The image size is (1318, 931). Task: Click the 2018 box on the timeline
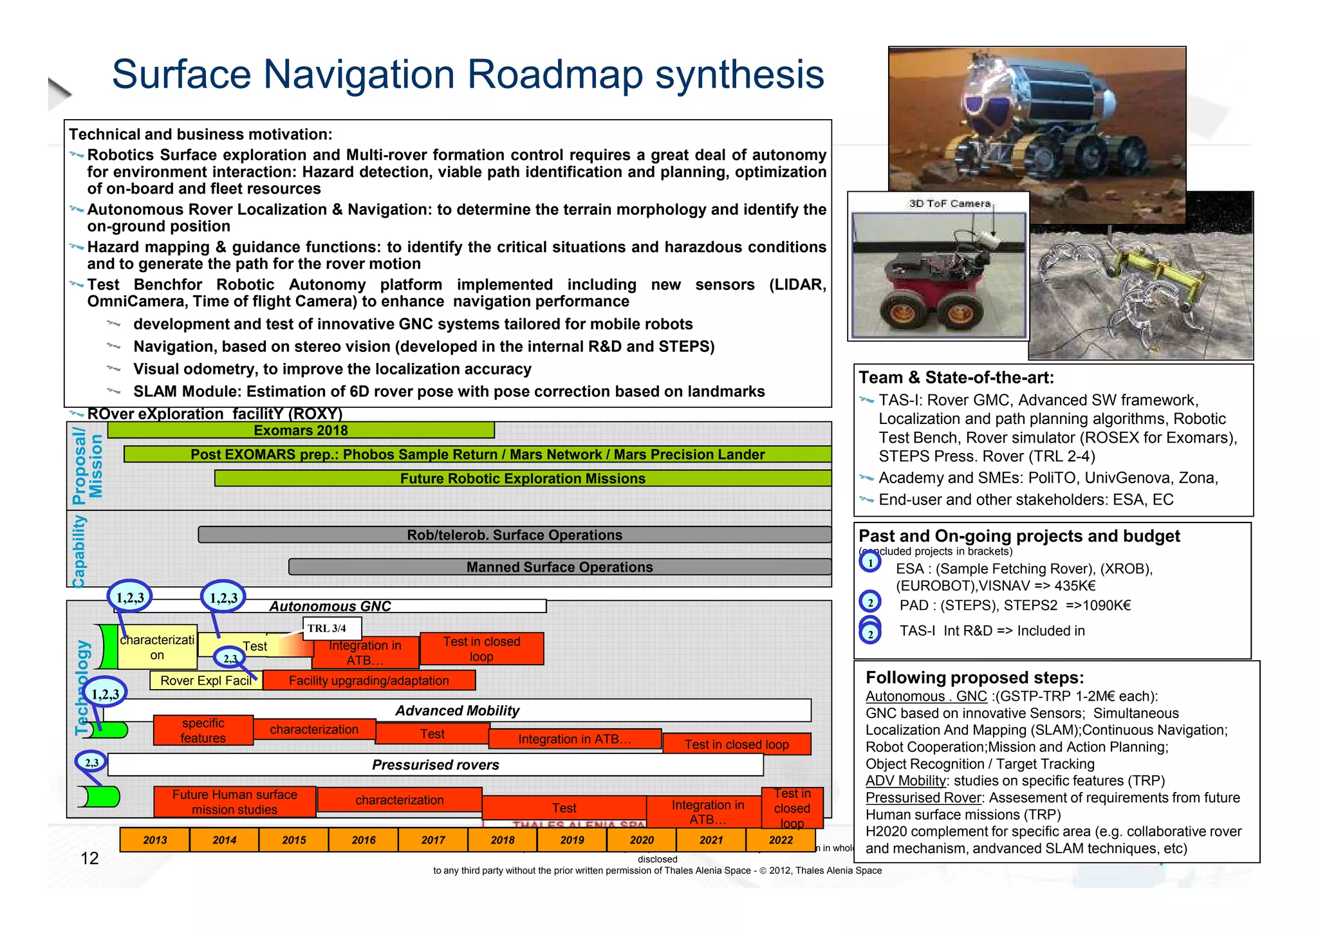click(x=503, y=840)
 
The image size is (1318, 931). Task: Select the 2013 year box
click(x=155, y=840)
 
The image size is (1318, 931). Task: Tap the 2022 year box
click(x=781, y=840)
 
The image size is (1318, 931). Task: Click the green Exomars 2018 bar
click(x=301, y=430)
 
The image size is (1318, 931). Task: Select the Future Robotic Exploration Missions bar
click(x=523, y=479)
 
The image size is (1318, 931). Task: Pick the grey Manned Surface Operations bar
click(x=559, y=567)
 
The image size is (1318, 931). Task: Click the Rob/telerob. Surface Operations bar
click(x=514, y=535)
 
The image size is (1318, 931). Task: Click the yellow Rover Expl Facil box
click(x=205, y=681)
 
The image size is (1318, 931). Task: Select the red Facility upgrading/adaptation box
click(x=369, y=681)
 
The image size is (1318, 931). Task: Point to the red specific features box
click(x=203, y=730)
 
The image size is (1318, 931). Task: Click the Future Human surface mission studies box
click(x=234, y=802)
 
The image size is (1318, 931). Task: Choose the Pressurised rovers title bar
click(x=435, y=765)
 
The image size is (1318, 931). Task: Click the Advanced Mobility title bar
click(x=457, y=711)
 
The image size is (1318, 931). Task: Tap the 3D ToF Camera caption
click(x=949, y=203)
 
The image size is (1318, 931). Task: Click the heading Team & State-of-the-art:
click(x=956, y=378)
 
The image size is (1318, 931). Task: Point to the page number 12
click(x=89, y=858)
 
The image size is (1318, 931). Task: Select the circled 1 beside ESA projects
click(x=870, y=562)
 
